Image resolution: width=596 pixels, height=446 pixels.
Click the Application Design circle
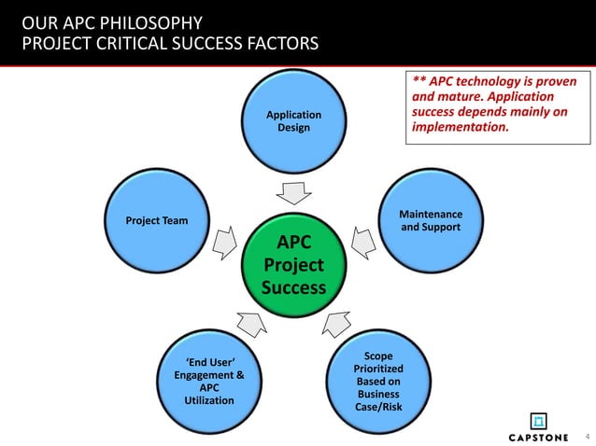293,121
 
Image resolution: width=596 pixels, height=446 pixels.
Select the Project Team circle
157,221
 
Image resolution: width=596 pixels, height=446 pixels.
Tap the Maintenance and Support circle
431,221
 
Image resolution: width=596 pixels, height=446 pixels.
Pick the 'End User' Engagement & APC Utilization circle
204,380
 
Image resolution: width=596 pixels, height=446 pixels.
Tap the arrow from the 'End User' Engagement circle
252,324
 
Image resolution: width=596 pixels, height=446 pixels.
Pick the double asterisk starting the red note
418,81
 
